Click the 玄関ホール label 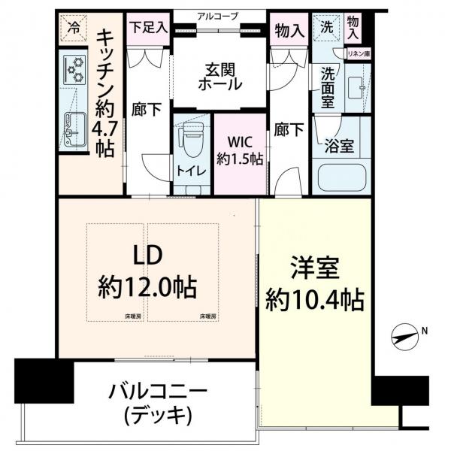point(220,77)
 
